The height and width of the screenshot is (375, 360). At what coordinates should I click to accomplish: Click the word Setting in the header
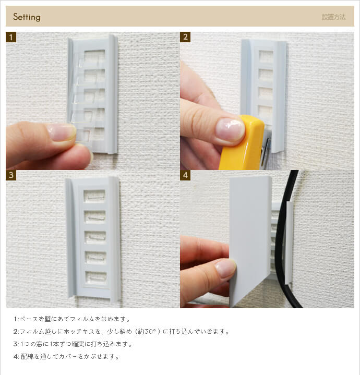coord(27,17)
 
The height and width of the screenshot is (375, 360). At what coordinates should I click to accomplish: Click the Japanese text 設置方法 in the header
coord(333,17)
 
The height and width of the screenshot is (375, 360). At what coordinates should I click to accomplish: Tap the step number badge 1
coord(11,37)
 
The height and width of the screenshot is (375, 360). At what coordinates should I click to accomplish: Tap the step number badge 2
coord(185,37)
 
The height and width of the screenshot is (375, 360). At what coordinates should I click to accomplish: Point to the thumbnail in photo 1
coord(62,132)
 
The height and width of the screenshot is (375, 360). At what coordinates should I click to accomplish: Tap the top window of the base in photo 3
coord(95,196)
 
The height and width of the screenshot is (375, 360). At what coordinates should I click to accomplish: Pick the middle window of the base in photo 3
coord(95,237)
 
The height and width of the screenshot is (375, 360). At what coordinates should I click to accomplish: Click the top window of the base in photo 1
coord(95,56)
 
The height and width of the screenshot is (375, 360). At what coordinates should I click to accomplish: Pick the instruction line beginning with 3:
coord(73,344)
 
